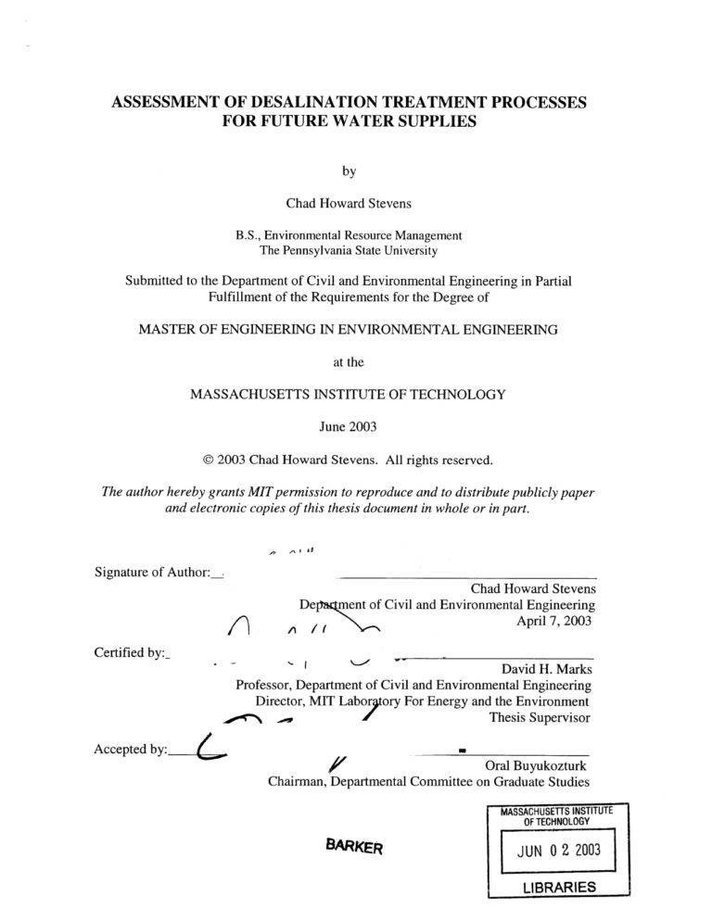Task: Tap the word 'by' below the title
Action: (x=349, y=170)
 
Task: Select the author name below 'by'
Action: (x=349, y=204)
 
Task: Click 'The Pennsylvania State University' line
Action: (x=349, y=249)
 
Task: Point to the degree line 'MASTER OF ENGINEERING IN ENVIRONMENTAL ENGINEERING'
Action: (x=349, y=329)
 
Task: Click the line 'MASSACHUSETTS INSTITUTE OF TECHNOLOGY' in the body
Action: (x=349, y=394)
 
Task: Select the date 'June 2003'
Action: (x=349, y=427)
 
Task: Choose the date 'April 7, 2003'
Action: (x=553, y=621)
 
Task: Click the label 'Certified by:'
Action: (x=130, y=652)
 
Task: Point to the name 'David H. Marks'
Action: (x=546, y=667)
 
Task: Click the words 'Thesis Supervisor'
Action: (x=540, y=716)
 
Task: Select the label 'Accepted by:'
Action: (x=131, y=750)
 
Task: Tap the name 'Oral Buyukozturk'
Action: (x=536, y=765)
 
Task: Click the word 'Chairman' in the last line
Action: (x=297, y=782)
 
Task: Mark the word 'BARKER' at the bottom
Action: (x=353, y=845)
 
